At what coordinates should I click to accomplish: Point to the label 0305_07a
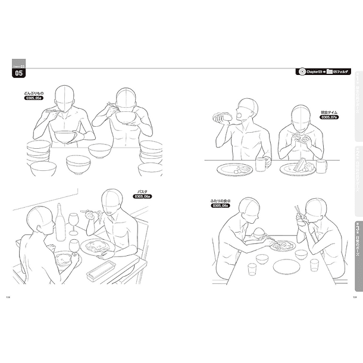(x=329, y=117)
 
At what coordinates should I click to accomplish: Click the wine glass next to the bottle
(x=74, y=223)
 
